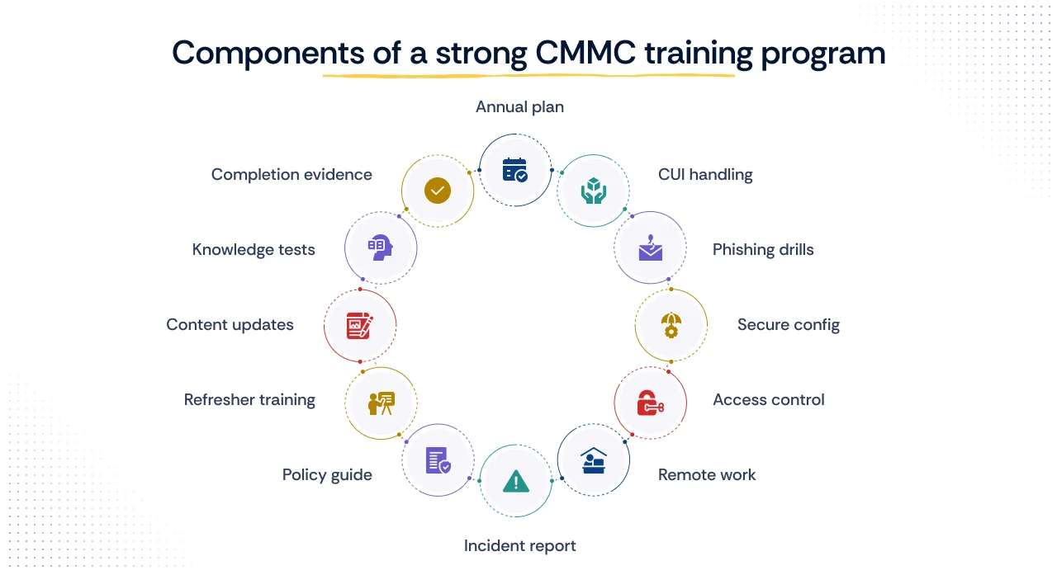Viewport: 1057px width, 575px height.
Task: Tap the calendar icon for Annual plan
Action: point(515,170)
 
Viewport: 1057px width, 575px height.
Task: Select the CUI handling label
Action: point(705,175)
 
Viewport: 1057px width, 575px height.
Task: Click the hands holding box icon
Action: point(593,191)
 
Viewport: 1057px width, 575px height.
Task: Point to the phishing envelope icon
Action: point(651,248)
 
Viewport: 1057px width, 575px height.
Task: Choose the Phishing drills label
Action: point(763,250)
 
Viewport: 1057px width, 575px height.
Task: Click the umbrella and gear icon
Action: point(671,325)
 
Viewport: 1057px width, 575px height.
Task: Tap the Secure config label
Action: point(788,325)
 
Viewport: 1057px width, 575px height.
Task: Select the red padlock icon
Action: point(651,403)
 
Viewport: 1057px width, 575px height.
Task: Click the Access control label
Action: point(768,400)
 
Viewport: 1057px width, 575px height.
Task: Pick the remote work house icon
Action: point(593,460)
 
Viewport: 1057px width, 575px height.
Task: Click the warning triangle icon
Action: point(515,481)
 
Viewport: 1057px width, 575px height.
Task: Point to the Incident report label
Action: point(519,545)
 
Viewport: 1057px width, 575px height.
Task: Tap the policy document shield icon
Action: point(438,460)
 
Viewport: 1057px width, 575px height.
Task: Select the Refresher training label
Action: point(249,400)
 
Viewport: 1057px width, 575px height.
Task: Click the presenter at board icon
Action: point(381,403)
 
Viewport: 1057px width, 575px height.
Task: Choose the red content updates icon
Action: point(360,325)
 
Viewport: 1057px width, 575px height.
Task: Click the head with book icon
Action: point(380,248)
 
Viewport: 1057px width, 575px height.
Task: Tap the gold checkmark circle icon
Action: point(438,191)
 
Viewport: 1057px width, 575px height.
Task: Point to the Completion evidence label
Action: point(292,175)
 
